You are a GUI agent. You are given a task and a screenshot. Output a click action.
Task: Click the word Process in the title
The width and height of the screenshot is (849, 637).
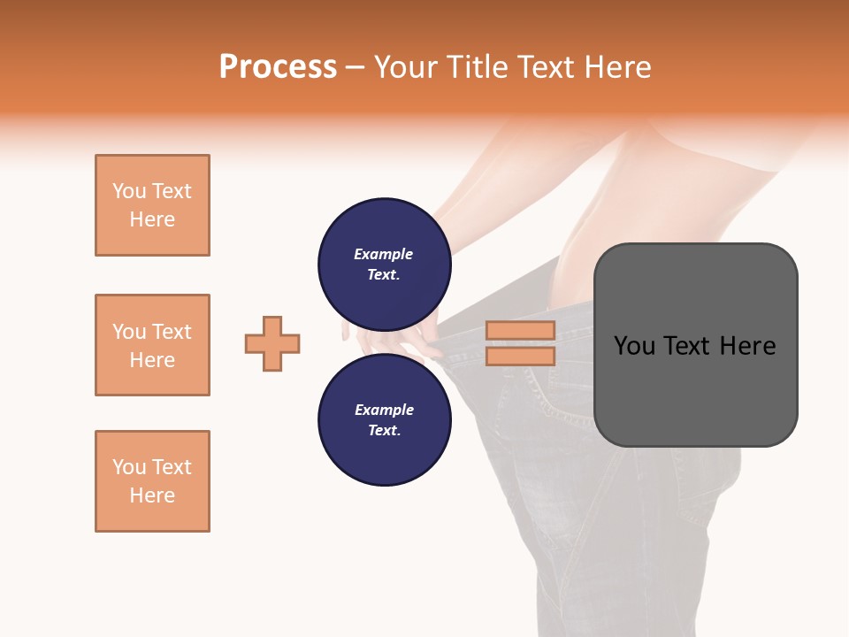tap(278, 67)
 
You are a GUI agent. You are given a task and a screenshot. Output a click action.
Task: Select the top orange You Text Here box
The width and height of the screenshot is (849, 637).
tap(152, 205)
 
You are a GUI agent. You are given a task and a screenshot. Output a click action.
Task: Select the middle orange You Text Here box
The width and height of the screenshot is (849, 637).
tap(152, 345)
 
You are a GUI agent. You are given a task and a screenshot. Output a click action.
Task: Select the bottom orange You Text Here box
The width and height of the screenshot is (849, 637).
tap(152, 481)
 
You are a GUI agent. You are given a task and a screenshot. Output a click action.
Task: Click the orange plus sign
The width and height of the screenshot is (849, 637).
tap(272, 343)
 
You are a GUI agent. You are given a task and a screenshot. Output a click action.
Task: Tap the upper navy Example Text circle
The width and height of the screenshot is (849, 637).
tap(384, 265)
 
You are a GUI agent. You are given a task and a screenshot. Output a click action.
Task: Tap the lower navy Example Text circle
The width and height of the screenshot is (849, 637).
tap(384, 420)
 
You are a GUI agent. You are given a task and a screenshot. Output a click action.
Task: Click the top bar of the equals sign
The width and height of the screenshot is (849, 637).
tap(520, 331)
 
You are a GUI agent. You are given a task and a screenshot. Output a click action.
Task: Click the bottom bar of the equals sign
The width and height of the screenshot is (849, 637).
tap(520, 356)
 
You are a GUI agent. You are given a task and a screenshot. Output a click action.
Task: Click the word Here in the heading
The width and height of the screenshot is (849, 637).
tap(615, 67)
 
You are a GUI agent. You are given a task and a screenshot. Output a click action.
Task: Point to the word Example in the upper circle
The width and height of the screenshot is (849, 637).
tap(384, 254)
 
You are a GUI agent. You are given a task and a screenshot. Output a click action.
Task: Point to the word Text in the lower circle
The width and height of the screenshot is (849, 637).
tap(384, 431)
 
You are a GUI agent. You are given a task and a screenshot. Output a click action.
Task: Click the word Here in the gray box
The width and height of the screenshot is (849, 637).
tap(747, 346)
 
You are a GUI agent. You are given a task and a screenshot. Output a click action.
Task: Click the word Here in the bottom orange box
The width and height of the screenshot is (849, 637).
tap(152, 495)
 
